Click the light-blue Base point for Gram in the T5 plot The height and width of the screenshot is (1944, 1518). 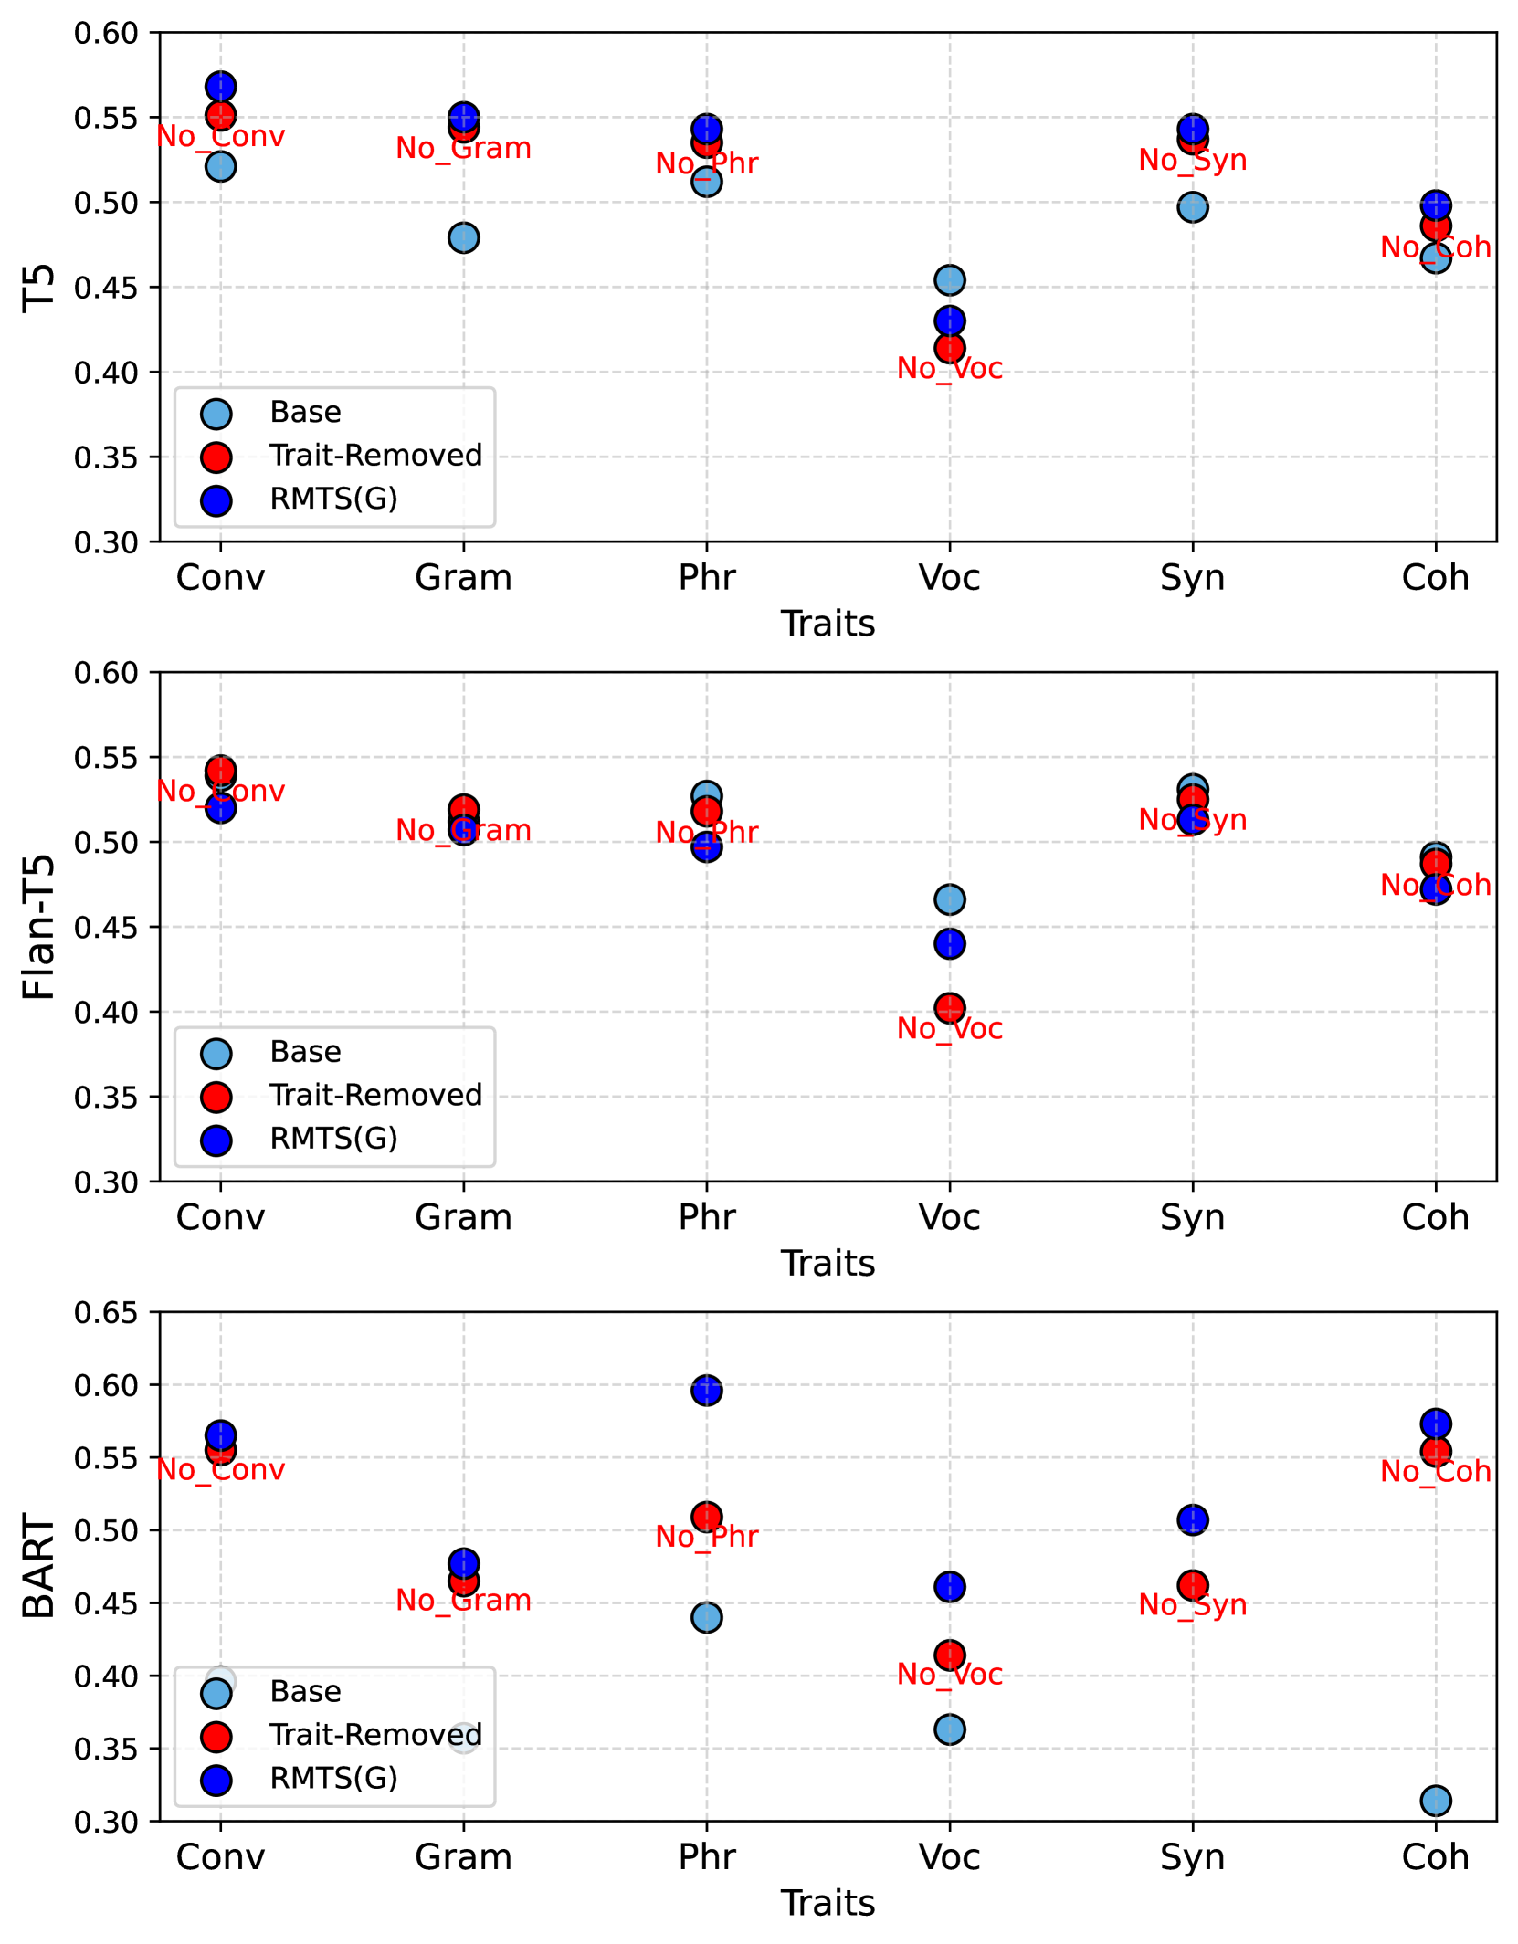tap(463, 238)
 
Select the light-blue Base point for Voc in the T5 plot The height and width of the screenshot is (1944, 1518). tap(950, 279)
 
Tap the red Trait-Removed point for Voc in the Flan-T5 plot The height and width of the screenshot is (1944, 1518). tap(950, 1008)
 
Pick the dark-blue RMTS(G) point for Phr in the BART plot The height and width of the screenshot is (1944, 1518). tap(706, 1391)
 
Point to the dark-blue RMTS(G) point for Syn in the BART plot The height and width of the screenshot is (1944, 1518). tap(1193, 1520)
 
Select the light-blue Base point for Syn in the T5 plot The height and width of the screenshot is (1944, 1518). tap(1193, 207)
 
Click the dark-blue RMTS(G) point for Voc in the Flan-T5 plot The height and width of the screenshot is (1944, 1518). tap(950, 943)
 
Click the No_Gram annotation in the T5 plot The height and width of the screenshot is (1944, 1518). tap(463, 148)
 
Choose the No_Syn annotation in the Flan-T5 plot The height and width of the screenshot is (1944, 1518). tap(1193, 819)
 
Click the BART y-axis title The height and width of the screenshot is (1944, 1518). tap(39, 1565)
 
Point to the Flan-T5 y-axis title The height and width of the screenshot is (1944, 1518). tap(39, 926)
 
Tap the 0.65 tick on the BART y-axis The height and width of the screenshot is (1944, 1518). tap(105, 1313)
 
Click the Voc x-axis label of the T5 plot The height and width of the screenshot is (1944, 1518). tap(950, 578)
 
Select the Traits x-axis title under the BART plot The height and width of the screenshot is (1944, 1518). tap(828, 1903)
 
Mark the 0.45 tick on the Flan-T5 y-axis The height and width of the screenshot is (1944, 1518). tap(105, 928)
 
